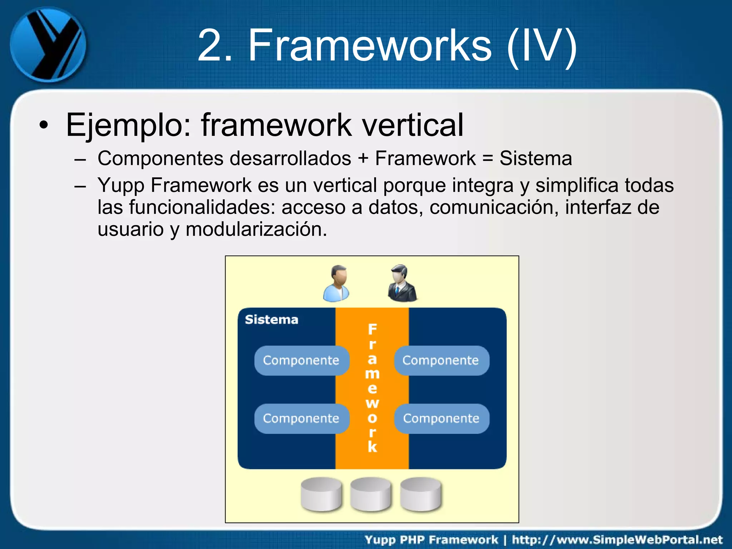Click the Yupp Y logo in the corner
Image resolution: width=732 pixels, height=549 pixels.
click(x=48, y=44)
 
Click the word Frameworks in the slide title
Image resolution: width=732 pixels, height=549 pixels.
click(x=370, y=45)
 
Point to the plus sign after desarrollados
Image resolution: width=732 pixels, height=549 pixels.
click(x=363, y=158)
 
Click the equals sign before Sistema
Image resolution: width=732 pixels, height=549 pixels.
click(x=488, y=159)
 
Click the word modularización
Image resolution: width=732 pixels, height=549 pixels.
click(x=256, y=229)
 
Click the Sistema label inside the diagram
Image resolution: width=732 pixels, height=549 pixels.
click(x=271, y=320)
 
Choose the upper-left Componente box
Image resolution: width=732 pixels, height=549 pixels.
click(x=301, y=360)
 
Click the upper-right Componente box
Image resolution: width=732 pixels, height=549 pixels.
click(x=441, y=360)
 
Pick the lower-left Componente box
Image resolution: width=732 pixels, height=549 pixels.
click(x=301, y=419)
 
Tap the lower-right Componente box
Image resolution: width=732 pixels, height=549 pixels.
click(x=441, y=419)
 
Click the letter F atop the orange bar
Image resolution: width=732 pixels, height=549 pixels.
click(x=372, y=329)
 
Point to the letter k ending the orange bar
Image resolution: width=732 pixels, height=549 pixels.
click(x=372, y=447)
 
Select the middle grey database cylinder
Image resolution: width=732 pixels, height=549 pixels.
click(x=371, y=495)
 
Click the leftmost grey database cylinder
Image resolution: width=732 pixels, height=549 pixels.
click(x=321, y=495)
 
